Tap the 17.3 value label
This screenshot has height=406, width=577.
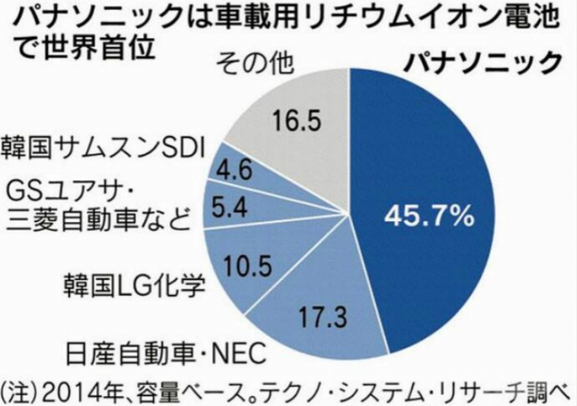click(x=322, y=318)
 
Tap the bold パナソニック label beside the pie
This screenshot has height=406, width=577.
click(x=481, y=61)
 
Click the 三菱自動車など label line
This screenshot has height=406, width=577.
click(x=97, y=223)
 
